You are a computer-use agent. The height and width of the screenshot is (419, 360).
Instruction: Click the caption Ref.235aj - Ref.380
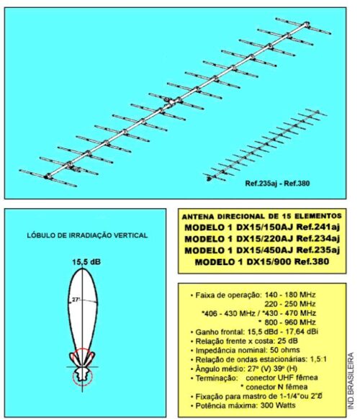[277, 184]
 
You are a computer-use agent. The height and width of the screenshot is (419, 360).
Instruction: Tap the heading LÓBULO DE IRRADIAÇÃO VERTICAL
[87, 235]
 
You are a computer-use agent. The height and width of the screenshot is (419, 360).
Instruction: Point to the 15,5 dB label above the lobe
[86, 262]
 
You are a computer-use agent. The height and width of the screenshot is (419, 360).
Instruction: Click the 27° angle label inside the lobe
[76, 299]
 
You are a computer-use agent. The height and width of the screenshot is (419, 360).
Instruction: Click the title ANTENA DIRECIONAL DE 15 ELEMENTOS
[262, 216]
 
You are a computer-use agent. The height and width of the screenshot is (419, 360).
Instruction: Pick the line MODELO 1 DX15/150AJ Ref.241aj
[262, 227]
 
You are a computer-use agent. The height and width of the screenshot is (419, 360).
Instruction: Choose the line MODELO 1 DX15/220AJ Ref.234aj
[262, 238]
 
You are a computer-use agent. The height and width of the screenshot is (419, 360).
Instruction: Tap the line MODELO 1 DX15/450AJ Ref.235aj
[262, 250]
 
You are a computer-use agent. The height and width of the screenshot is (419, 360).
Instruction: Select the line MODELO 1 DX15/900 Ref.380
[262, 261]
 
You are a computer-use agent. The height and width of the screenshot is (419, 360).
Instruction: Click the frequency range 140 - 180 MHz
[290, 294]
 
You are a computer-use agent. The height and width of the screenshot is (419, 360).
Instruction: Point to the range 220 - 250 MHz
[290, 304]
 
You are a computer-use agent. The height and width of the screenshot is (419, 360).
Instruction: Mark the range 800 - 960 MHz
[290, 322]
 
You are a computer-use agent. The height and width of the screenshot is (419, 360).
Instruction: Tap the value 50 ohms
[285, 350]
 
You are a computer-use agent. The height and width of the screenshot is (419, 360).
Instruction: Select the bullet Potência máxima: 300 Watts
[243, 405]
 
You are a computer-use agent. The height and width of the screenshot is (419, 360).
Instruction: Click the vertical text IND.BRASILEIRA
[351, 381]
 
